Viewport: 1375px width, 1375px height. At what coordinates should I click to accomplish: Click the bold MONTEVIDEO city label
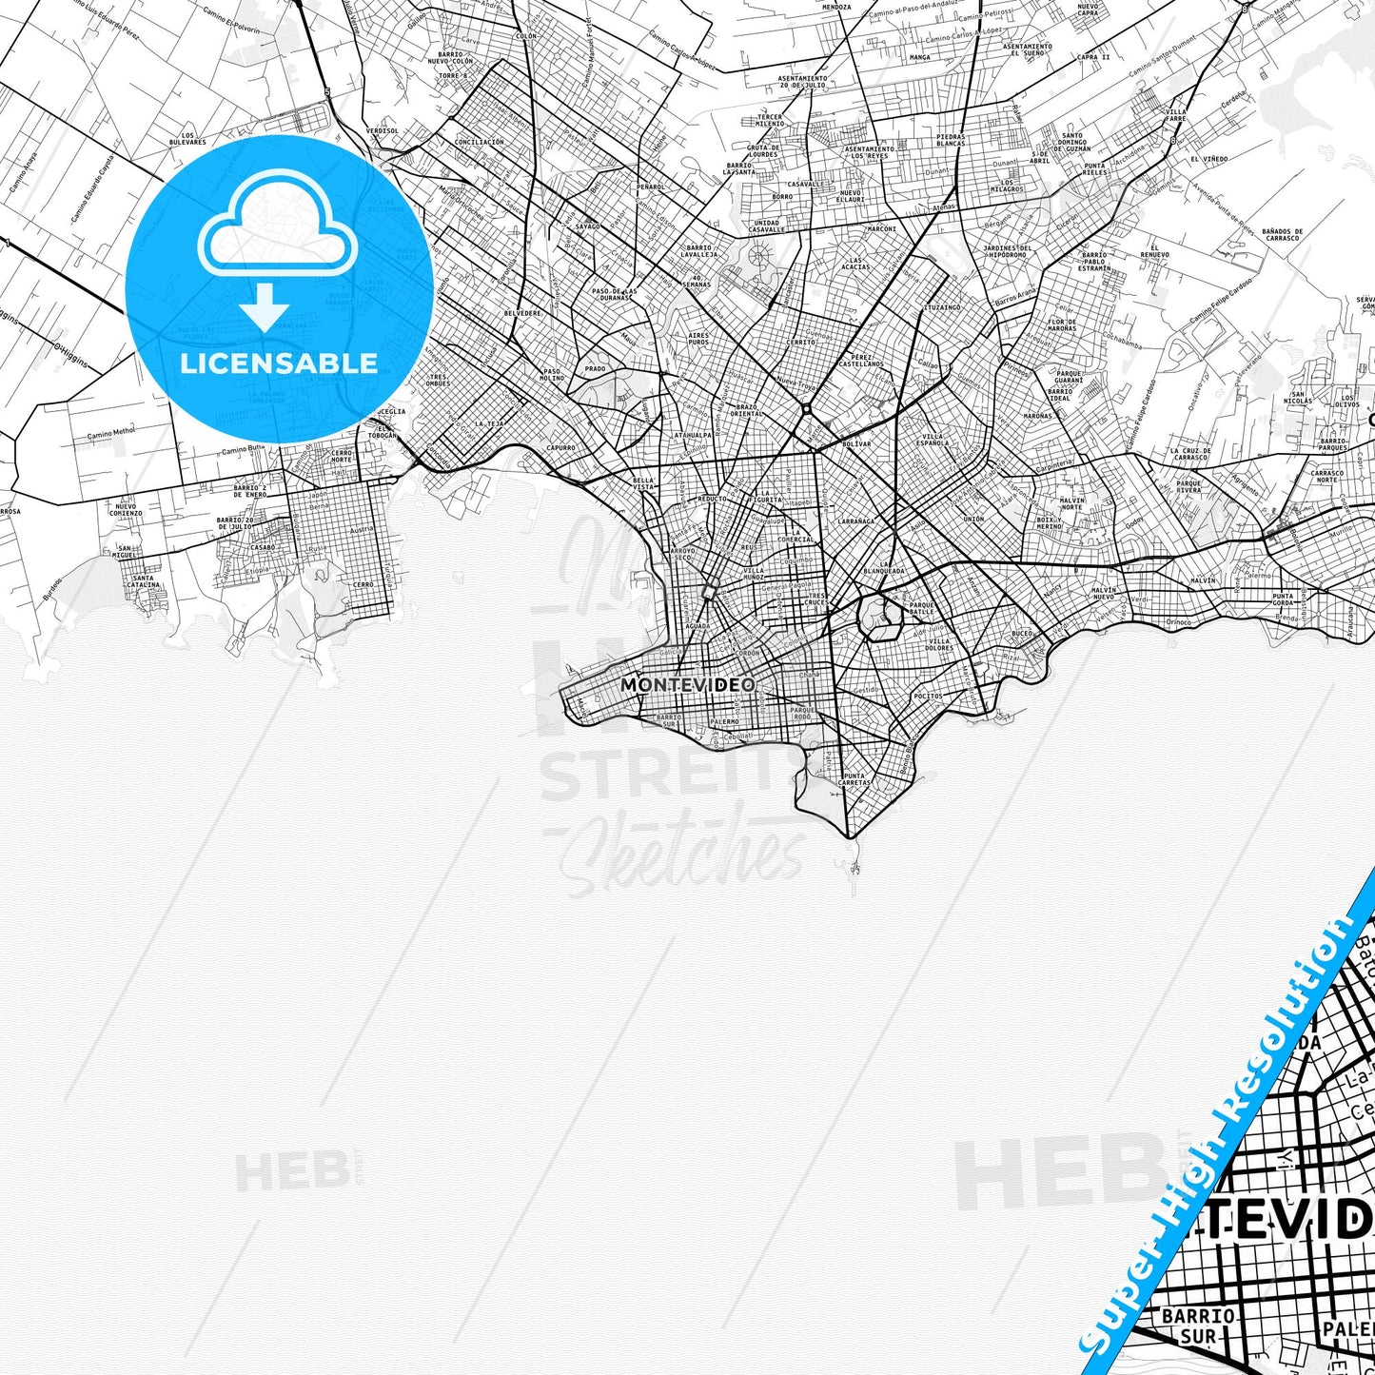tap(687, 684)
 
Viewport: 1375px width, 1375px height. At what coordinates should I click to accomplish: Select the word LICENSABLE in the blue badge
tap(279, 363)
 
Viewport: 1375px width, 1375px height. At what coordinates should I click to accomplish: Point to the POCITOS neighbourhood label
tap(927, 696)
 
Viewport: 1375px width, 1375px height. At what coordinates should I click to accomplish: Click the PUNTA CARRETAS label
tap(854, 778)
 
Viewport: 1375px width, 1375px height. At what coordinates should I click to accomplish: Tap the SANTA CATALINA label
tap(144, 582)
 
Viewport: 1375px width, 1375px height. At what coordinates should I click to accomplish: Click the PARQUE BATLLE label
tap(921, 608)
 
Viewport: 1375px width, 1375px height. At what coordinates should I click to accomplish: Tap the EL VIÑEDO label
tap(1208, 159)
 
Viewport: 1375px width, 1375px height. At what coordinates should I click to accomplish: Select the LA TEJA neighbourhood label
tap(489, 422)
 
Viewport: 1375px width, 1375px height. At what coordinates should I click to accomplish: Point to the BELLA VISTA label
tap(643, 483)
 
